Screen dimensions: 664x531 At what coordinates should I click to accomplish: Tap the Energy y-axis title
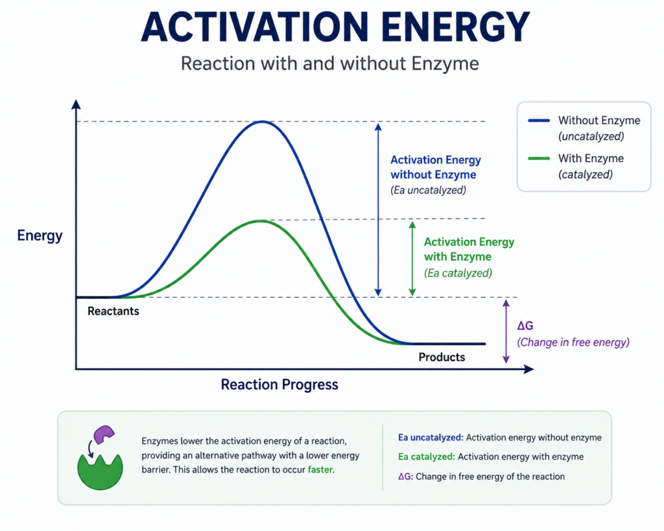40,236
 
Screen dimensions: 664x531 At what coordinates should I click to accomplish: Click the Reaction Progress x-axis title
279,384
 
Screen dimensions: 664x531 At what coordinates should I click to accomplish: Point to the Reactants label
113,311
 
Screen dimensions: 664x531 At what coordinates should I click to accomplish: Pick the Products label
442,357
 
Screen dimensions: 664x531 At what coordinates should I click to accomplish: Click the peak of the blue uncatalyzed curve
263,122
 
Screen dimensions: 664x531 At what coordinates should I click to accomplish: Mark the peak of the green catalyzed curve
261,221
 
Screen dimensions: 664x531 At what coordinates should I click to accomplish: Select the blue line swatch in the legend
539,121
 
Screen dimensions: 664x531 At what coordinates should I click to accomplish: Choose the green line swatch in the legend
539,158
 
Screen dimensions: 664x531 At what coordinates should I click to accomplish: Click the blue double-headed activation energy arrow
378,209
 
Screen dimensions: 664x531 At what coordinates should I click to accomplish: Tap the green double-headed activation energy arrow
412,258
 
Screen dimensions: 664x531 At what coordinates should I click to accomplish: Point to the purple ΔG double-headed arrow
506,331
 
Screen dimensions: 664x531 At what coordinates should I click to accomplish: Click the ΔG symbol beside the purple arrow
525,325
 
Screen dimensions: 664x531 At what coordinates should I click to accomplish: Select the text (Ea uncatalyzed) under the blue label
428,190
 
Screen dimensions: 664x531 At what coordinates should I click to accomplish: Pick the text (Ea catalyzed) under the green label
458,273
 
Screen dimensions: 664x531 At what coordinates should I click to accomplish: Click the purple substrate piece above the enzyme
104,434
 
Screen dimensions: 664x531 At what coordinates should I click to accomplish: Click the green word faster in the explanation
320,469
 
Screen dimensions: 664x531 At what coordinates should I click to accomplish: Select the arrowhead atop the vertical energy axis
76,104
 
